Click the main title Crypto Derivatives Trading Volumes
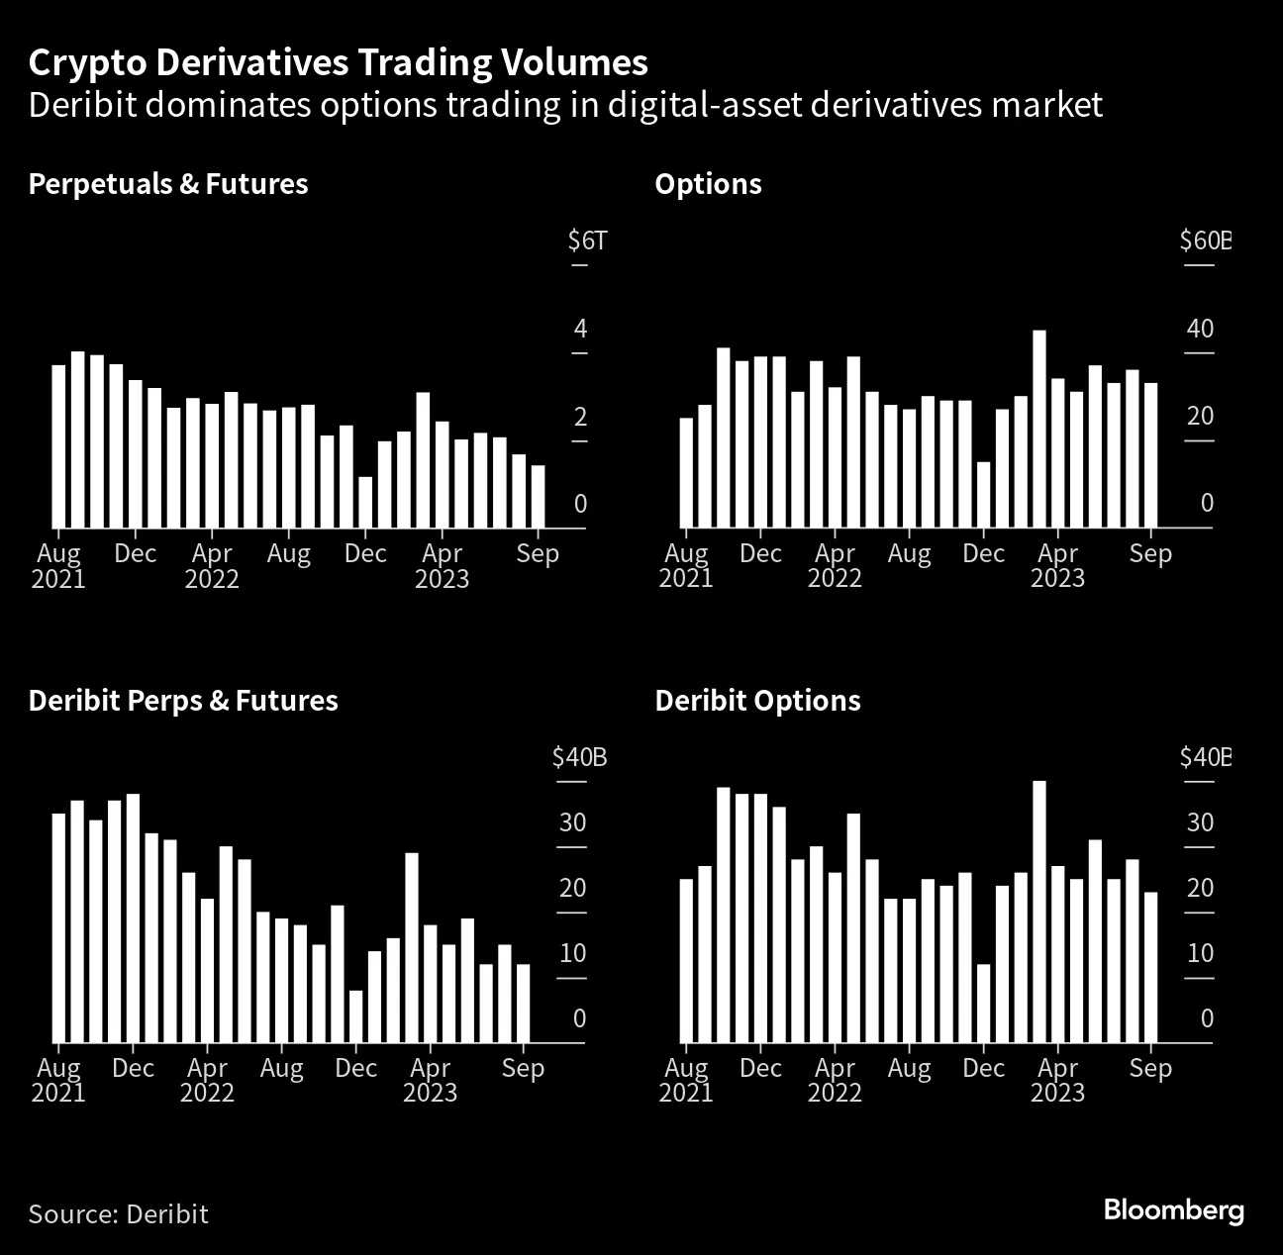[x=338, y=62]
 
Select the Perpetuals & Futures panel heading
[x=168, y=184]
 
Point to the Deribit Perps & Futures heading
[x=183, y=701]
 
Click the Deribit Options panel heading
[x=757, y=701]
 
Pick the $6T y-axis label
[x=586, y=241]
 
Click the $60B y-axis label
[x=1204, y=241]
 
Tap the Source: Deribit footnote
[x=118, y=1213]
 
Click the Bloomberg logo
[x=1173, y=1209]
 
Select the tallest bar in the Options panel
[x=1039, y=429]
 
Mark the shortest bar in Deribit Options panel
[x=983, y=1003]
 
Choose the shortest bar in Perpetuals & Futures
[x=365, y=502]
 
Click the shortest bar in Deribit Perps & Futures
[x=355, y=1015]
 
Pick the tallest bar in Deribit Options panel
[x=1039, y=911]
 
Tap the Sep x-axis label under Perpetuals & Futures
[x=538, y=553]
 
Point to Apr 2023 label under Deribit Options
[x=1057, y=1080]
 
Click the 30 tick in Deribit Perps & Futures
[x=573, y=822]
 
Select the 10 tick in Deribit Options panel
[x=1200, y=953]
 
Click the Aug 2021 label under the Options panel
[x=686, y=565]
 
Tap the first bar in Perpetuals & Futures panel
[x=58, y=445]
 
